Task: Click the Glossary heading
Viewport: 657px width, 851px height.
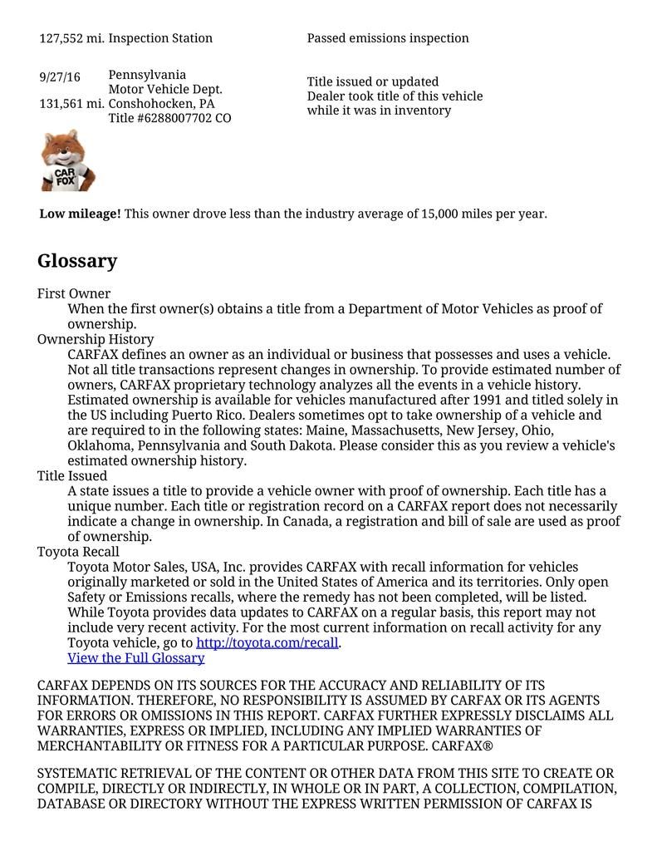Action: [x=77, y=261]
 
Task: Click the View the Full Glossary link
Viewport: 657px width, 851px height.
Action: [x=135, y=658]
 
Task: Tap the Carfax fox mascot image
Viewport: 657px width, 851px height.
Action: [x=67, y=160]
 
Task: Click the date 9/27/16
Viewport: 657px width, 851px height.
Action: [x=60, y=77]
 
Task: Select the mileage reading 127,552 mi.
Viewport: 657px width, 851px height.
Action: [x=71, y=38]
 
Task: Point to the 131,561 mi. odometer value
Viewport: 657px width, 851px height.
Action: [x=71, y=104]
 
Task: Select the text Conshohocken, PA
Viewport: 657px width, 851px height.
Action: [x=161, y=104]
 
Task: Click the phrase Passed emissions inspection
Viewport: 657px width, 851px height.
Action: [x=388, y=38]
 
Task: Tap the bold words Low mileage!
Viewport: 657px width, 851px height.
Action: [x=80, y=214]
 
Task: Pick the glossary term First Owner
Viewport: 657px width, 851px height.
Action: [x=74, y=293]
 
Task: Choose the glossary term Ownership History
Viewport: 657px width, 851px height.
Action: [x=96, y=339]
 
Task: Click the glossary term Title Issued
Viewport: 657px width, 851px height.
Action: [x=72, y=475]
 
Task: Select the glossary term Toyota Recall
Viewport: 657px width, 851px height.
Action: [x=78, y=552]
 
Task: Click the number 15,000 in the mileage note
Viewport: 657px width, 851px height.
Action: [x=439, y=214]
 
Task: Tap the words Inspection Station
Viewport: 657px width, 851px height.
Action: [x=160, y=38]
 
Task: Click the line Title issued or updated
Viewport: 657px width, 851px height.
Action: [x=373, y=81]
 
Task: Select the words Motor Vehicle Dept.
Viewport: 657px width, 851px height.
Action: [x=165, y=89]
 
